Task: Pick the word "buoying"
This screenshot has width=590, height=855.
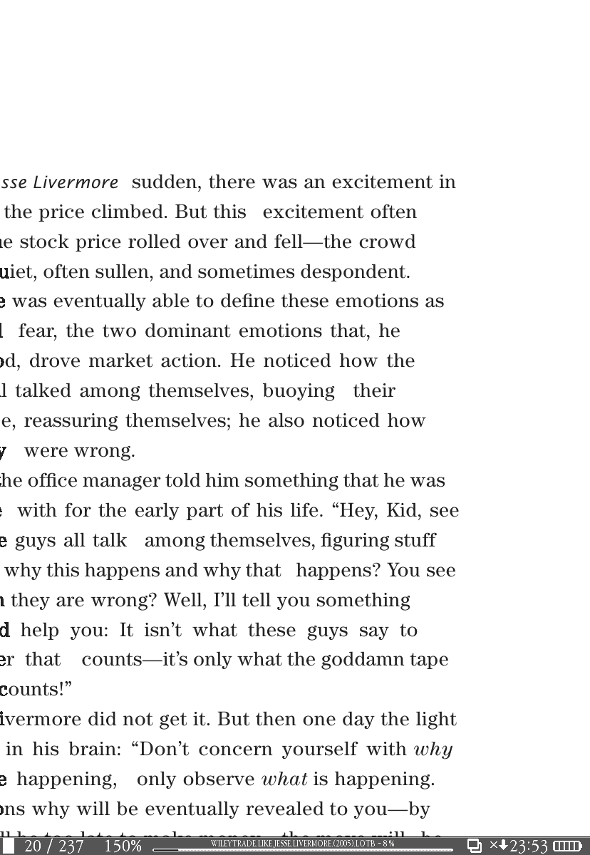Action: [x=299, y=391]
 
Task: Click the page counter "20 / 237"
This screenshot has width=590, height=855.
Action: [x=54, y=846]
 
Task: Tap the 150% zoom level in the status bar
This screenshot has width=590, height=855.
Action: [x=123, y=846]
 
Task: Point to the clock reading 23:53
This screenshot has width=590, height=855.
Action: [x=529, y=846]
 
